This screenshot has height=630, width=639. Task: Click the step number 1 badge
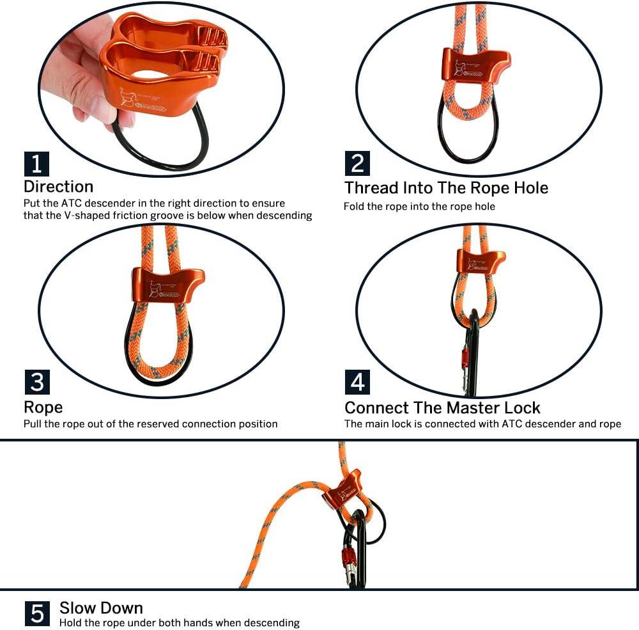pos(36,164)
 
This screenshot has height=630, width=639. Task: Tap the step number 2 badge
pos(357,164)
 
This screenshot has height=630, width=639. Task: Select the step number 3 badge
pos(36,382)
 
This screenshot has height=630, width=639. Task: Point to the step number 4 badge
pos(357,382)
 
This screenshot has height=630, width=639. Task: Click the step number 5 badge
pos(38,613)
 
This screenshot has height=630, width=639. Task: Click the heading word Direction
pos(58,187)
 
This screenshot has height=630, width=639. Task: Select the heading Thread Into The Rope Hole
pos(446,188)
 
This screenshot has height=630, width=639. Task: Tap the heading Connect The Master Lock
pos(442,407)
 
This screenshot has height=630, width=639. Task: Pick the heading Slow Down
pos(101,608)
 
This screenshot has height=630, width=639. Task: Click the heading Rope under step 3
pos(43,407)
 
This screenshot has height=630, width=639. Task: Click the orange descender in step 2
pos(475,65)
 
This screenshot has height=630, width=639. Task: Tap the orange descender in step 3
pos(168,285)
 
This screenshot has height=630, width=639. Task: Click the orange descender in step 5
pos(343,489)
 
